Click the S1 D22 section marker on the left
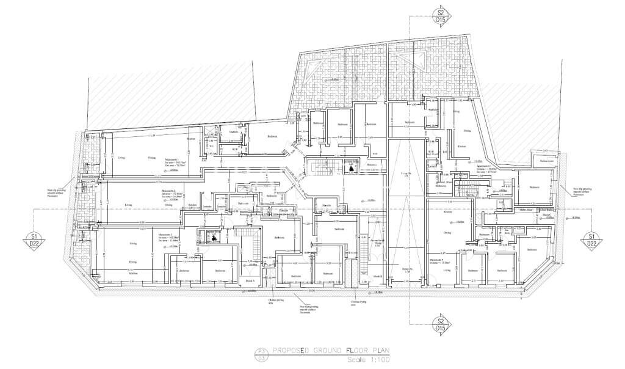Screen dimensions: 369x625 (x=35, y=239)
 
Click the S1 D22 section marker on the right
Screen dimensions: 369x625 (x=590, y=239)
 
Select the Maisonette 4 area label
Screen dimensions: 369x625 (x=439, y=261)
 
